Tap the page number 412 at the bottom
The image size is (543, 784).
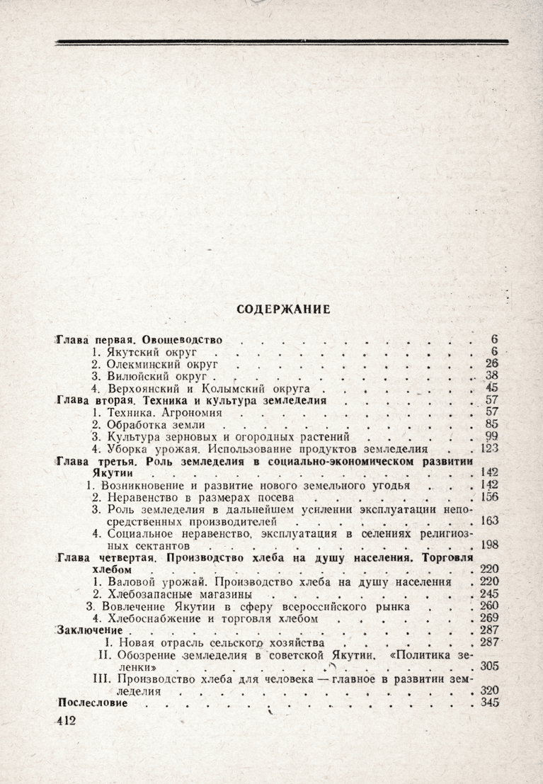point(69,720)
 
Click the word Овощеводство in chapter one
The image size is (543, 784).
point(188,339)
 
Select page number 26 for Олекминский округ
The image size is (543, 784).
point(493,363)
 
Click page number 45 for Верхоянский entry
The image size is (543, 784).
point(493,388)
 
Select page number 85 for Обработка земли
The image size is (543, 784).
point(493,425)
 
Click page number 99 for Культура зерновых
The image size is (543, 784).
point(493,437)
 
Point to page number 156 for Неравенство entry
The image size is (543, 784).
point(490,497)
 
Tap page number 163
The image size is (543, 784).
point(490,521)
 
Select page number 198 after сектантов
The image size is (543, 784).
point(490,546)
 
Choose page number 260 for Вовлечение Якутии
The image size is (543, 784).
point(490,606)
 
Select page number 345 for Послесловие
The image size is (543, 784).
point(490,703)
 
